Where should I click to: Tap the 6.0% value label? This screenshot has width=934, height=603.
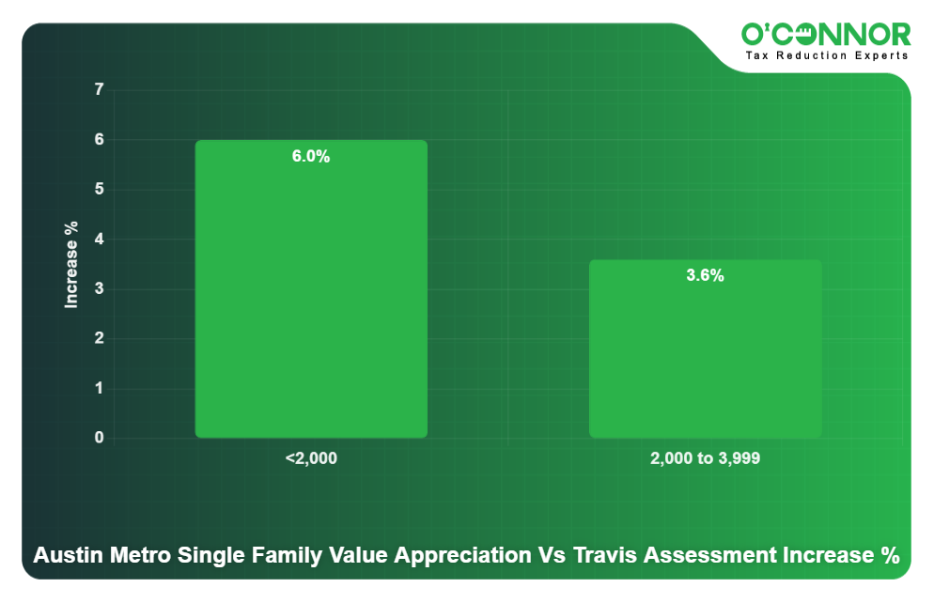pyautogui.click(x=311, y=157)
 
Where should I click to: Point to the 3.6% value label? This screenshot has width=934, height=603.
pyautogui.click(x=705, y=276)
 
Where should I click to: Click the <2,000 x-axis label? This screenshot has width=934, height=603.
pyautogui.click(x=311, y=459)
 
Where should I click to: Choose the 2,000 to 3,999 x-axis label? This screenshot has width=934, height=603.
pyautogui.click(x=705, y=459)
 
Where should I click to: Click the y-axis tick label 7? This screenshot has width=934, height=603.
pyautogui.click(x=99, y=90)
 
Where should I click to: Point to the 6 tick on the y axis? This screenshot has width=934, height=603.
pyautogui.click(x=99, y=140)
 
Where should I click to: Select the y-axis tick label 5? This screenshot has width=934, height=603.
pyautogui.click(x=99, y=190)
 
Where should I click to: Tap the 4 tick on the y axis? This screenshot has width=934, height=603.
pyautogui.click(x=99, y=240)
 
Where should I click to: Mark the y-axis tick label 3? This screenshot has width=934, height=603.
pyautogui.click(x=99, y=289)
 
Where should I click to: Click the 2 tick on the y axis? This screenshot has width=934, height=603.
pyautogui.click(x=99, y=339)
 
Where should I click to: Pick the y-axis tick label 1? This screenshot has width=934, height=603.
pyautogui.click(x=99, y=389)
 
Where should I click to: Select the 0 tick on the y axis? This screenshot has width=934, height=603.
pyautogui.click(x=99, y=439)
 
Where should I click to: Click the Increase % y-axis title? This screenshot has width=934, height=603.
pyautogui.click(x=71, y=265)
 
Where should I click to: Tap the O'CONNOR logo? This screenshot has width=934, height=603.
pyautogui.click(x=826, y=35)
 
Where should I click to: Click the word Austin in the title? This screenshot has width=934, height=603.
pyautogui.click(x=64, y=555)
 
